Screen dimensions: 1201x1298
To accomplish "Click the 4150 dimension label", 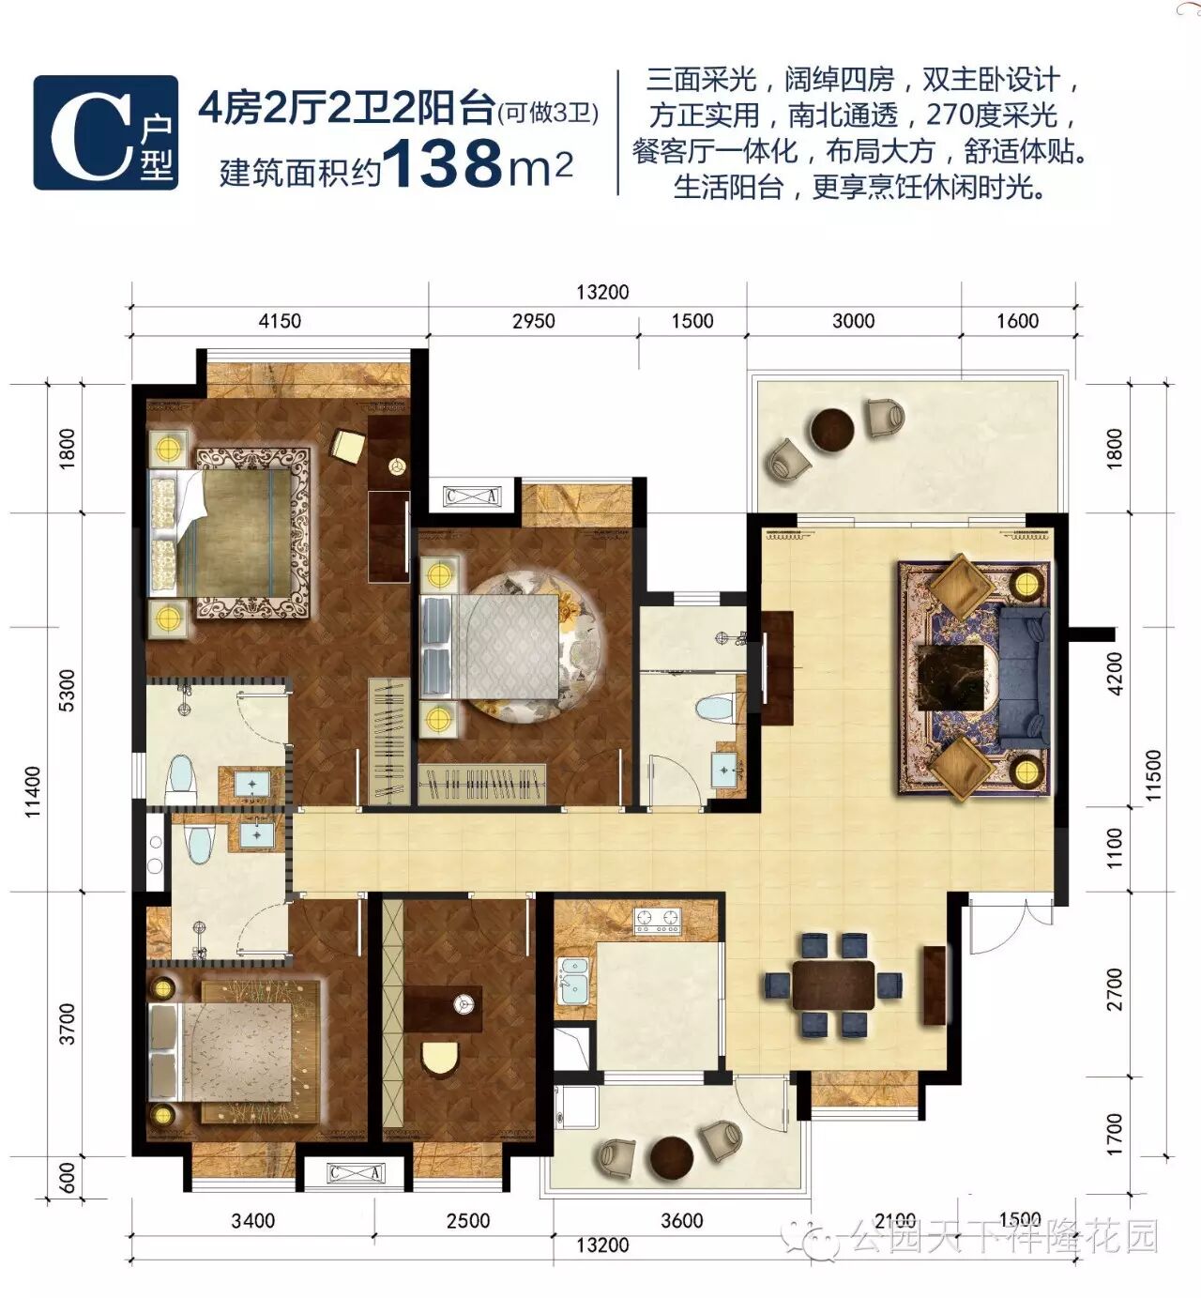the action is pos(280,321).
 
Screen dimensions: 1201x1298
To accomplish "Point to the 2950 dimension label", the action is pos(533,321).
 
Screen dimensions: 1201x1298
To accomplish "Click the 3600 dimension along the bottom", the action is pos(681,1220).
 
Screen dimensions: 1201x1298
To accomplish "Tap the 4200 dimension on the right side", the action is pos(1114,674).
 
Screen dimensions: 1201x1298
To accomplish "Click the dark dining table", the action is pos(833,985).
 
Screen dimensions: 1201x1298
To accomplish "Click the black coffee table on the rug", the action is pos(950,677).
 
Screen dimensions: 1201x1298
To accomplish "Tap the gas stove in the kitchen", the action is pos(658,920).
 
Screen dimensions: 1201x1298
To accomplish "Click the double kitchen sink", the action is pos(573,981).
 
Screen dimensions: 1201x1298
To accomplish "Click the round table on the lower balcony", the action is pos(671,1158).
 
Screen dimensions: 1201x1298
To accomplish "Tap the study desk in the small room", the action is pos(442,1009).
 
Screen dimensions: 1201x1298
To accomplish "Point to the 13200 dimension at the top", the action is pos(602,292).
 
